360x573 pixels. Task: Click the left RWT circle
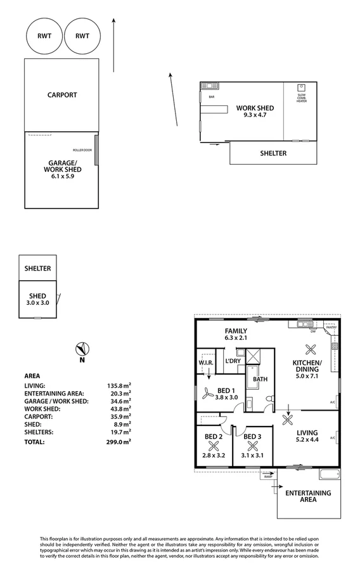tap(44, 36)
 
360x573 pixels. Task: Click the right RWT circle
tap(82, 36)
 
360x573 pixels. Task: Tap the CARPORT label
tap(62, 95)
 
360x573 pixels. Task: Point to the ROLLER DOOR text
tap(82, 150)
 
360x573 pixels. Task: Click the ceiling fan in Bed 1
tap(207, 393)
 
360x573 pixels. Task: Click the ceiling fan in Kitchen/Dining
tap(311, 348)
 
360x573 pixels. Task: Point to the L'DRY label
tap(233, 361)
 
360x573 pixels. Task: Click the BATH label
tap(260, 380)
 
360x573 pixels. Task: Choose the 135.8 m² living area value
tap(119, 385)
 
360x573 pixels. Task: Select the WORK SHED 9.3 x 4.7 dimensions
tap(250, 115)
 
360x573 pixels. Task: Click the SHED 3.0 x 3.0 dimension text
tap(37, 303)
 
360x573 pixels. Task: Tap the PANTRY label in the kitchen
tap(331, 328)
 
